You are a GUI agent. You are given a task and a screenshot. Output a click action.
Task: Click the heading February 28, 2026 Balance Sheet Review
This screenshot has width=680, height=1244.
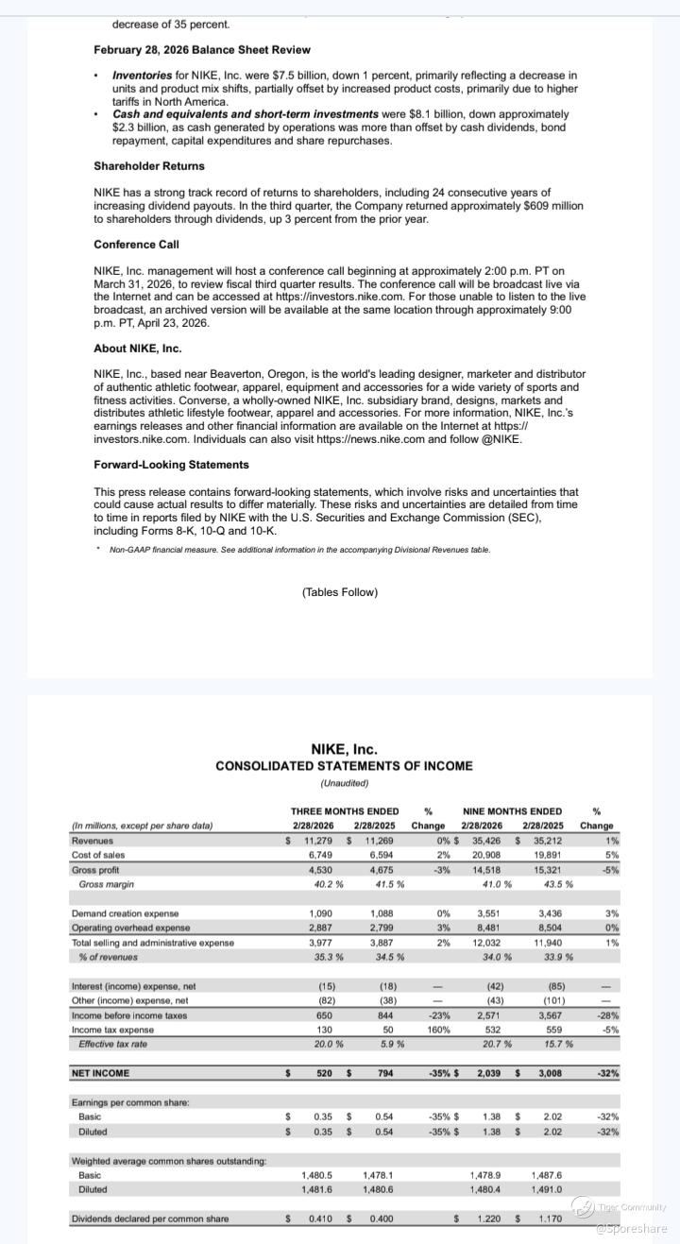[x=202, y=50]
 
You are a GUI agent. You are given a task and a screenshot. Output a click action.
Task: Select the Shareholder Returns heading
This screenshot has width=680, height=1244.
[x=149, y=166]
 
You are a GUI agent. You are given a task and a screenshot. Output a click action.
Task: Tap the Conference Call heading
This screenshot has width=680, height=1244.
[x=136, y=245]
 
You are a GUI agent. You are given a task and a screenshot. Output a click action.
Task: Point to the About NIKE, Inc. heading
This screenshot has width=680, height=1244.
[x=138, y=349]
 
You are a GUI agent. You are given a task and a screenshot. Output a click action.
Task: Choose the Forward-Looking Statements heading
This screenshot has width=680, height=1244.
[x=171, y=465]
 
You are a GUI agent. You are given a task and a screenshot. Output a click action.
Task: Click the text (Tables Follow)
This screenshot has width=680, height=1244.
[x=340, y=592]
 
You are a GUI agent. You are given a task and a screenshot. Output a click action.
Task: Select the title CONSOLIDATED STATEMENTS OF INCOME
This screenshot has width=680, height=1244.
[x=344, y=766]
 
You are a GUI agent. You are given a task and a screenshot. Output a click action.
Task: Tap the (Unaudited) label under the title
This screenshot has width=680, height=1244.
[x=344, y=783]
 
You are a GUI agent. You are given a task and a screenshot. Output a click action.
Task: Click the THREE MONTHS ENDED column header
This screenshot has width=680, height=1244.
[x=345, y=811]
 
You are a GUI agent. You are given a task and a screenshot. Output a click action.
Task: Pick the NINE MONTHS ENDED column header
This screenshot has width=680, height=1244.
[x=513, y=811]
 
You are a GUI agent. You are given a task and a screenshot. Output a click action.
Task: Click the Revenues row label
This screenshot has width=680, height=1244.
[x=93, y=841]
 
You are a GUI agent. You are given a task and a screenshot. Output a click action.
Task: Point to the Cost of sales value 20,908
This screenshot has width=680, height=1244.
[x=488, y=855]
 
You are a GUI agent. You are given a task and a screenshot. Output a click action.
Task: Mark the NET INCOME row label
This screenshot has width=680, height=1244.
[x=101, y=1073]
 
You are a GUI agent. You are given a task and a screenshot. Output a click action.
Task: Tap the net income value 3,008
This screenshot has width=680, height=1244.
[x=550, y=1073]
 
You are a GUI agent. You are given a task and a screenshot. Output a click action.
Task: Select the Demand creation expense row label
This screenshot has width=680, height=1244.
[x=125, y=913]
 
